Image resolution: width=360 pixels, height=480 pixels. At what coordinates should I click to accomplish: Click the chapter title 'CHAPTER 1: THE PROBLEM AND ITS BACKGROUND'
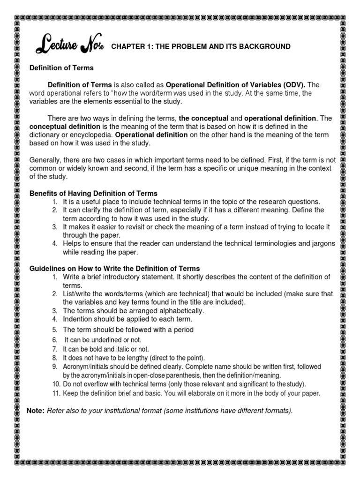pos(201,46)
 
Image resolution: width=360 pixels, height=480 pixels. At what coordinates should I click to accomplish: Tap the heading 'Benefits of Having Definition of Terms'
pos(93,194)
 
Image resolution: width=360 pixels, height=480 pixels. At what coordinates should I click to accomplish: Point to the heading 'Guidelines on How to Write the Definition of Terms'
pos(114,269)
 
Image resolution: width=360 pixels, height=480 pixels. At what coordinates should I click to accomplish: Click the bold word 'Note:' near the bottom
pos(36,411)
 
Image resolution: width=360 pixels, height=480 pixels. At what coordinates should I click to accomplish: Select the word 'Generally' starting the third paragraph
pos(45,160)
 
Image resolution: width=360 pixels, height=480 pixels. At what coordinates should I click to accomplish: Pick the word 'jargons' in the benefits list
pos(323,244)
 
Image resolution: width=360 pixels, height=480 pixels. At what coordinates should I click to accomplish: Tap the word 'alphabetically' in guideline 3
pos(181,311)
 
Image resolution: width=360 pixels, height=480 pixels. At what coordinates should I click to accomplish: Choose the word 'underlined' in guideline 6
pos(102,340)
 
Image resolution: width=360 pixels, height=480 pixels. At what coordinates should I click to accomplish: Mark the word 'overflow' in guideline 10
pos(88,384)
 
